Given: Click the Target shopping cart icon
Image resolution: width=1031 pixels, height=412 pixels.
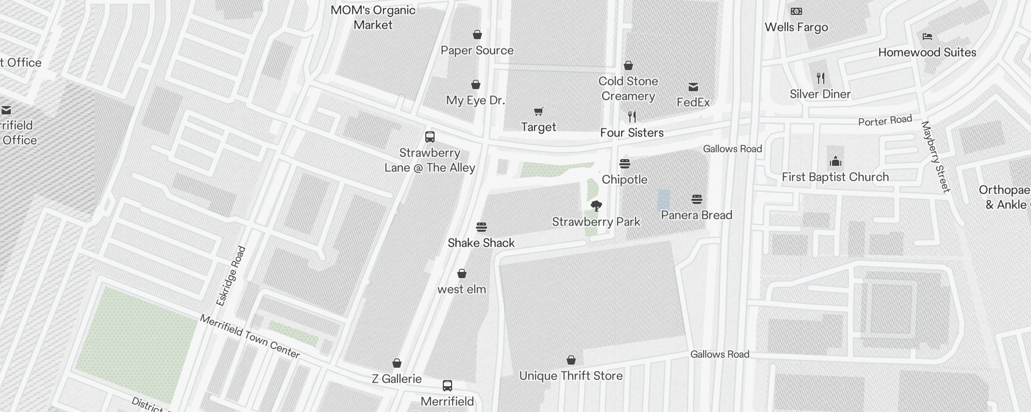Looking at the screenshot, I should pyautogui.click(x=539, y=111).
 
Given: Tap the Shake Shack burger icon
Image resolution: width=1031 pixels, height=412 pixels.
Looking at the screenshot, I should pyautogui.click(x=481, y=227).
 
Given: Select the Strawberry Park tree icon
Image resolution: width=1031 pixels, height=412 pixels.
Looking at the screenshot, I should pyautogui.click(x=596, y=206).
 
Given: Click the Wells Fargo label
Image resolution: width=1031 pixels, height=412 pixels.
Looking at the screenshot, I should pyautogui.click(x=796, y=27).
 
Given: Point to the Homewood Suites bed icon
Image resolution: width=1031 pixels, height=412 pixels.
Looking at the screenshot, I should pyautogui.click(x=927, y=37).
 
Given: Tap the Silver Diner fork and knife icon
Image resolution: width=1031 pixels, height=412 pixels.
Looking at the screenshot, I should pyautogui.click(x=821, y=78).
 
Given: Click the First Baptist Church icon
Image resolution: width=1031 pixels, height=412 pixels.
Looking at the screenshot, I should pyautogui.click(x=836, y=162).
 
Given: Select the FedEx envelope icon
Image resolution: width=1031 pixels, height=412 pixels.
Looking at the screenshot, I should pyautogui.click(x=693, y=87).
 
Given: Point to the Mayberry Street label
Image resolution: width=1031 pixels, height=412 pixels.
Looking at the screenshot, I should pyautogui.click(x=935, y=157).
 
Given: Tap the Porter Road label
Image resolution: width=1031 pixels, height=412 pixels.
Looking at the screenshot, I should pyautogui.click(x=885, y=121).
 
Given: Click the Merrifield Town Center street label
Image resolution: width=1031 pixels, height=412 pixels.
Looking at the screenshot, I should pyautogui.click(x=250, y=336).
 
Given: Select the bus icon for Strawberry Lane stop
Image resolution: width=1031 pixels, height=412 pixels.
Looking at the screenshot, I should pyautogui.click(x=430, y=137).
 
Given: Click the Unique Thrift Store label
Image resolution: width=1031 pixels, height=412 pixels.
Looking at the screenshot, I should pyautogui.click(x=571, y=376).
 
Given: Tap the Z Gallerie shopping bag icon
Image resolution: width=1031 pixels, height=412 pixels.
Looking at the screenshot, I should pyautogui.click(x=397, y=364).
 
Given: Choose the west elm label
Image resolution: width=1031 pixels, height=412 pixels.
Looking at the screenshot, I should pyautogui.click(x=461, y=289).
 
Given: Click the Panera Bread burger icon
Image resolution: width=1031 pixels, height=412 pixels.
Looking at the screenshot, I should pyautogui.click(x=697, y=199).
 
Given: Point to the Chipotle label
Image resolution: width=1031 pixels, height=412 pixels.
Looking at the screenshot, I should pyautogui.click(x=624, y=180).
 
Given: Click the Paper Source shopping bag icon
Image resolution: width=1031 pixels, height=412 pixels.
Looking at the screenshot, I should pyautogui.click(x=477, y=35).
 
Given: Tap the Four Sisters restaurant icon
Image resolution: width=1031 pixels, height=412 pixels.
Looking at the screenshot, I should pyautogui.click(x=632, y=117).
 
